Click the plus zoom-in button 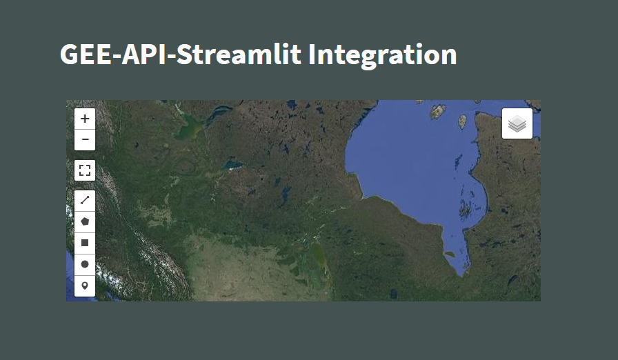pos(85,119)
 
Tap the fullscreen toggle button pos(85,170)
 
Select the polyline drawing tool pos(85,201)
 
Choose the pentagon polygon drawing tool pos(85,222)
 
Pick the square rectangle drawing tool pos(85,243)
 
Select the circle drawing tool pos(85,264)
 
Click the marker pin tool pos(85,285)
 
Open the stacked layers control pos(517,124)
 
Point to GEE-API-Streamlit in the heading pos(180,54)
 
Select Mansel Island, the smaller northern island pos(463,121)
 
